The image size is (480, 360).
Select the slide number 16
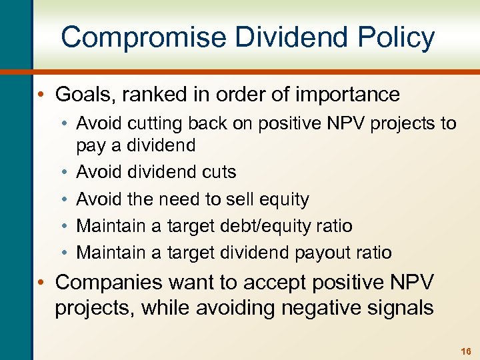(x=465, y=351)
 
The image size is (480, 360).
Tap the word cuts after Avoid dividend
(x=217, y=172)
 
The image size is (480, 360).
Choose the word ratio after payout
(x=374, y=253)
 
